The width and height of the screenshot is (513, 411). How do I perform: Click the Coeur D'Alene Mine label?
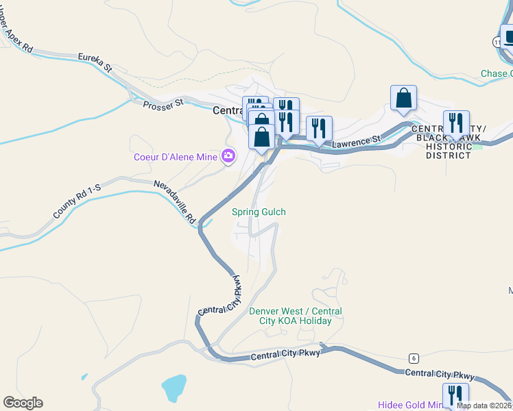click(x=174, y=157)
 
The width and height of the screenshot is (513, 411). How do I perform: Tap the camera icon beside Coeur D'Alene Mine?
click(x=228, y=157)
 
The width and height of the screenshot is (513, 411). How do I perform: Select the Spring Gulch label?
click(x=259, y=212)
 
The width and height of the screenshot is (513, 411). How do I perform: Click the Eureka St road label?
click(x=95, y=62)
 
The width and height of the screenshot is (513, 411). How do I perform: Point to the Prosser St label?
click(x=164, y=103)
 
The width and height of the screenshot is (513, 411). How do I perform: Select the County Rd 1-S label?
click(x=77, y=199)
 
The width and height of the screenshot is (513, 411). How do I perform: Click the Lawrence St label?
click(x=356, y=141)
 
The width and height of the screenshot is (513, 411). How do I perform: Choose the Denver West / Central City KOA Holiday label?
click(x=295, y=316)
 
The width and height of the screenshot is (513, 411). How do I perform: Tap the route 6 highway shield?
click(x=413, y=358)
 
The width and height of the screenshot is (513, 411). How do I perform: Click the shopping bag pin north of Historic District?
click(x=403, y=98)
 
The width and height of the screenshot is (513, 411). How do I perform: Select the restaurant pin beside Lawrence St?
click(x=319, y=128)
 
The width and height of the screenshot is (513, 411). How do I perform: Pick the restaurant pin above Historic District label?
click(x=456, y=123)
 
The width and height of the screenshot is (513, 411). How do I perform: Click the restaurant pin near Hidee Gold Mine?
click(x=455, y=395)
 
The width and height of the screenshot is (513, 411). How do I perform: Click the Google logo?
click(x=23, y=403)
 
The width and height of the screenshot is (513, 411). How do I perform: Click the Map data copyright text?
click(x=484, y=406)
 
